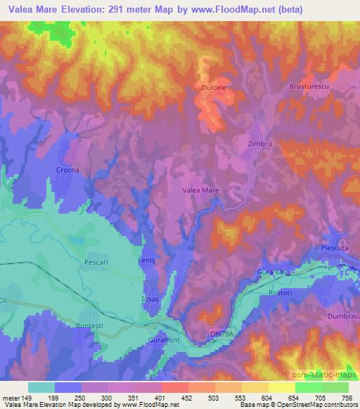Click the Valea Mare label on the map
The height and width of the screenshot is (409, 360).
point(200,190)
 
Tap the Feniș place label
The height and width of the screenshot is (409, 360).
point(146,261)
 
